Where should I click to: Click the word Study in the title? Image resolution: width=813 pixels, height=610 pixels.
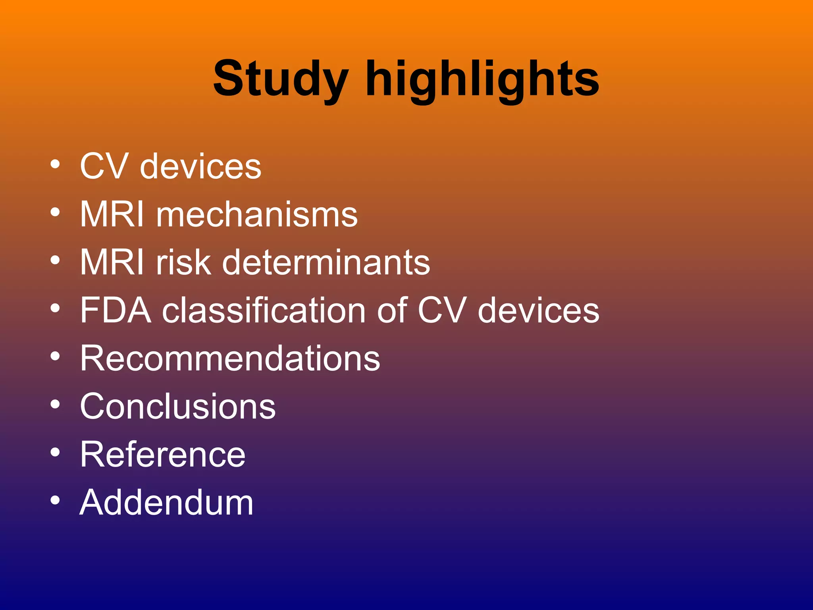280,79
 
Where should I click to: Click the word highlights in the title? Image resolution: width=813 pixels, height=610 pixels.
482,79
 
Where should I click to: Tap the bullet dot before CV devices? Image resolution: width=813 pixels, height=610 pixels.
55,164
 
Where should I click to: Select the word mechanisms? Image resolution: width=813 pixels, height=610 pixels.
257,214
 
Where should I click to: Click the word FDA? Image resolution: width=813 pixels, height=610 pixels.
116,311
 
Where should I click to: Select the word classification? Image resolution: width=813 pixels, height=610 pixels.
264,311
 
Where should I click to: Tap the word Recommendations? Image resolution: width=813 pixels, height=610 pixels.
230,359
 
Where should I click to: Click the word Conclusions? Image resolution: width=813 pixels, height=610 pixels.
177,407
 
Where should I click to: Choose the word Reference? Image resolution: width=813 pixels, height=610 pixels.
163,455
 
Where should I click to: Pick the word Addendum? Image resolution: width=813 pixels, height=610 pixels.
166,503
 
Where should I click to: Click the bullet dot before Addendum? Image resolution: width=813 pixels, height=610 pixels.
55,500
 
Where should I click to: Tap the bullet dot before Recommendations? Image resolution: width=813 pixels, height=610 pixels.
55,356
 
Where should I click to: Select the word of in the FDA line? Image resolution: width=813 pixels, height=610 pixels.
392,311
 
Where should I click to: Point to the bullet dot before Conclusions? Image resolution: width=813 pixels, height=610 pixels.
55,404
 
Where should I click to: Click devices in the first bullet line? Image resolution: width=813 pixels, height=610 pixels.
200,167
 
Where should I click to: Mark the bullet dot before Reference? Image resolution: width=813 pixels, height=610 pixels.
55,452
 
